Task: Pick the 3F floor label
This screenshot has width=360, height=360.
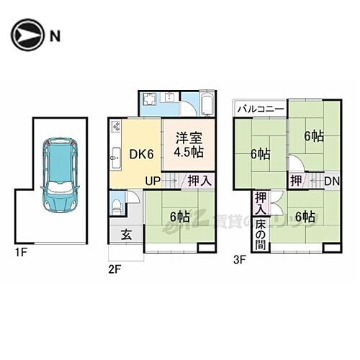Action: point(240,257)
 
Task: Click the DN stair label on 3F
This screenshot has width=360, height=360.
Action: point(331,181)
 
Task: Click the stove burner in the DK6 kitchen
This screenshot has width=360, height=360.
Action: point(117,127)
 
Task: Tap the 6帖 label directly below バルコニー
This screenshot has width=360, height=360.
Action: point(260,153)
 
